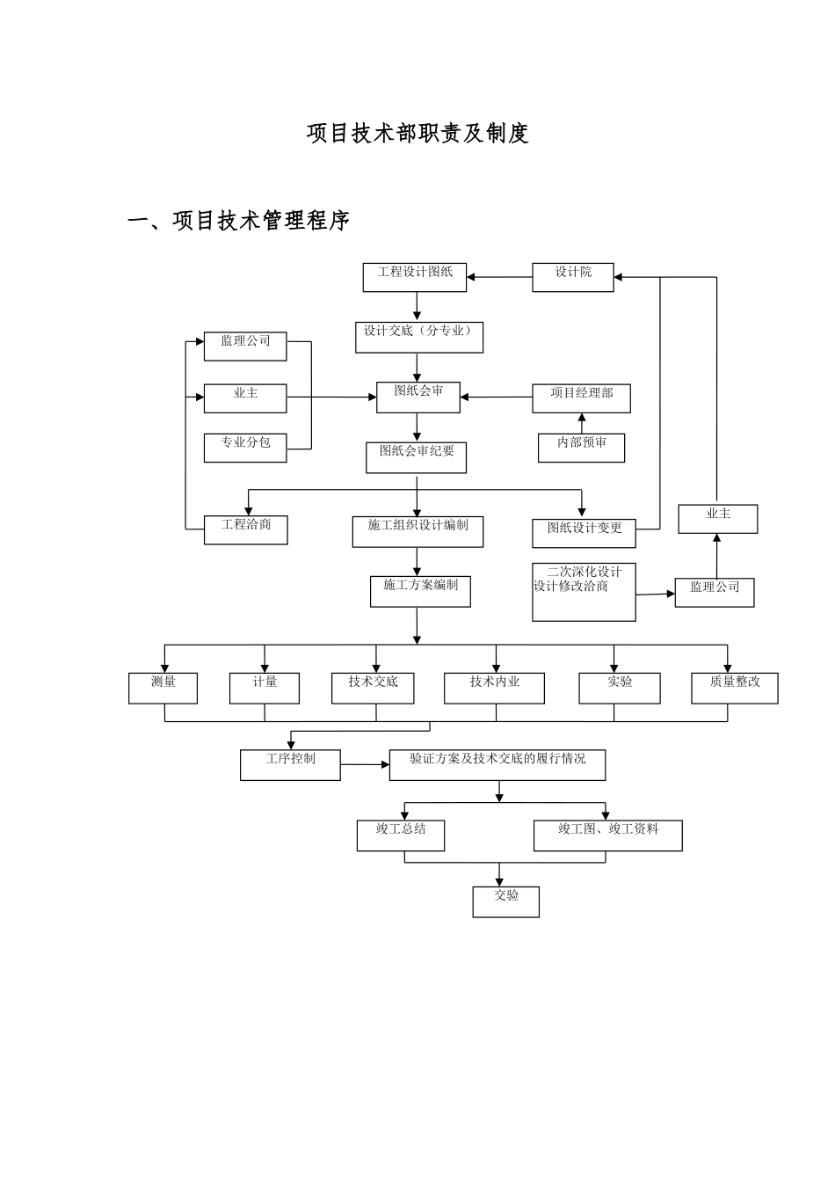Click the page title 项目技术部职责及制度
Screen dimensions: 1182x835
click(x=417, y=134)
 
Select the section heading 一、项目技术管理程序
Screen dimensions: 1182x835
click(x=239, y=221)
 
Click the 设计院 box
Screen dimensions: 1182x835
click(x=573, y=278)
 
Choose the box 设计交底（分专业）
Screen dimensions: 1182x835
click(x=418, y=338)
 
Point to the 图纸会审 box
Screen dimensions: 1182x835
click(x=418, y=398)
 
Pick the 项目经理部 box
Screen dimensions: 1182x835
click(x=581, y=398)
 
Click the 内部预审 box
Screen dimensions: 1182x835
click(x=581, y=448)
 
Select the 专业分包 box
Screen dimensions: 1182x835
click(x=245, y=448)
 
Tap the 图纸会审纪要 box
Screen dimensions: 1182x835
click(x=417, y=457)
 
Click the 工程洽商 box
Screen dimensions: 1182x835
click(x=245, y=529)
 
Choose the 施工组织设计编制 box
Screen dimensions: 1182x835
click(x=417, y=531)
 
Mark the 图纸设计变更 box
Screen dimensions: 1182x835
click(x=584, y=533)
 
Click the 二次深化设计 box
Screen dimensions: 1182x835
click(x=584, y=591)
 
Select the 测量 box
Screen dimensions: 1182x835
click(x=163, y=689)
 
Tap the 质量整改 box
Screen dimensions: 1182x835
click(x=734, y=689)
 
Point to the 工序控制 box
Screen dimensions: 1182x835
click(x=290, y=764)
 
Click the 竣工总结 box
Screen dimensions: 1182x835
click(x=400, y=835)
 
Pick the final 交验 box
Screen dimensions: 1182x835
click(x=505, y=901)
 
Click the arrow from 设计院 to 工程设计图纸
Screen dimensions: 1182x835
click(x=499, y=278)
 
